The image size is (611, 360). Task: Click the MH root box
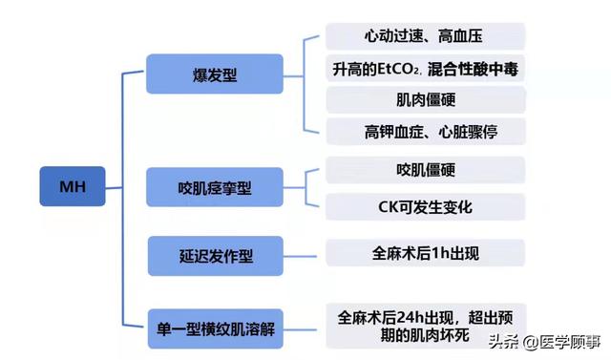click(73, 186)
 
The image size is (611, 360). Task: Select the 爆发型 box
click(214, 74)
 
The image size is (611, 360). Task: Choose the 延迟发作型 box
click(214, 256)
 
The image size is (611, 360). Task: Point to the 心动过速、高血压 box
click(424, 36)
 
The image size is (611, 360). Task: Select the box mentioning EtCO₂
click(424, 68)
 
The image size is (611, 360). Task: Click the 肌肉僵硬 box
click(424, 99)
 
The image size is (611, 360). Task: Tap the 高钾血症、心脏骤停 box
click(424, 130)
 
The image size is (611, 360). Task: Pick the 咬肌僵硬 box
click(424, 170)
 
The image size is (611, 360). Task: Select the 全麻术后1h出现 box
click(424, 253)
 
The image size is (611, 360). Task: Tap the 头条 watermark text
click(502, 341)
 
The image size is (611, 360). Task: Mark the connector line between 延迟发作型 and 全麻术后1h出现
click(305, 254)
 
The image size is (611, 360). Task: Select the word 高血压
click(459, 36)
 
